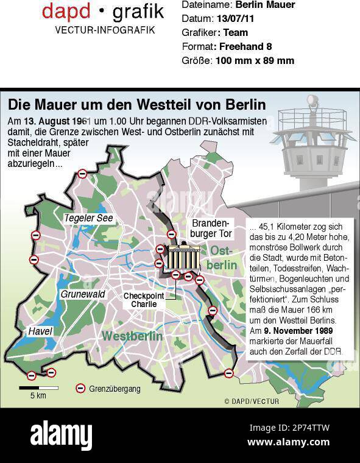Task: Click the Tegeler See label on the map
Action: pyautogui.click(x=88, y=218)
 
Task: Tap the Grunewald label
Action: pyautogui.click(x=83, y=294)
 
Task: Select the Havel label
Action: pyautogui.click(x=40, y=331)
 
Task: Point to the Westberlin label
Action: pyautogui.click(x=132, y=336)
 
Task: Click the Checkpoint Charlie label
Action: pyautogui.click(x=144, y=300)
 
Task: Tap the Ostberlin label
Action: pyautogui.click(x=222, y=258)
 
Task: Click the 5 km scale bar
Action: pyautogui.click(x=37, y=388)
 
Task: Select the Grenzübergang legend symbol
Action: pyautogui.click(x=80, y=388)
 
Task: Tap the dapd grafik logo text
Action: pyautogui.click(x=102, y=10)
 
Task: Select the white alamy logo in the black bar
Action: pyautogui.click(x=61, y=436)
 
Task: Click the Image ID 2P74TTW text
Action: pyautogui.click(x=289, y=428)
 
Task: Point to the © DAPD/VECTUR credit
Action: pyautogui.click(x=251, y=401)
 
